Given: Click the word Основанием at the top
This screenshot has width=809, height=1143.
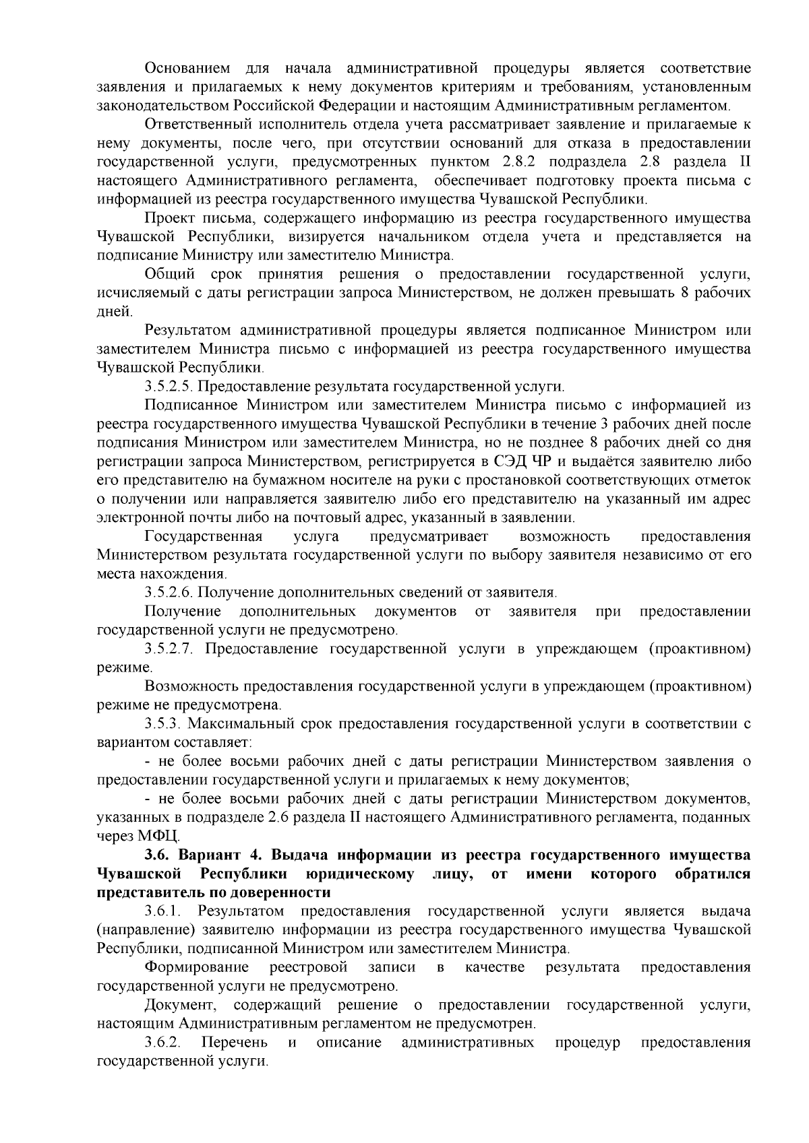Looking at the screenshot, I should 187,69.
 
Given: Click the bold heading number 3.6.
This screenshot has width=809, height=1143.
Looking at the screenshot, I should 160,855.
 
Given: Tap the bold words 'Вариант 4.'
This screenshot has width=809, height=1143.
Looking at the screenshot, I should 215,855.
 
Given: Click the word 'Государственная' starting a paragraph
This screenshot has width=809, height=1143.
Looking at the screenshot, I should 203,537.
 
